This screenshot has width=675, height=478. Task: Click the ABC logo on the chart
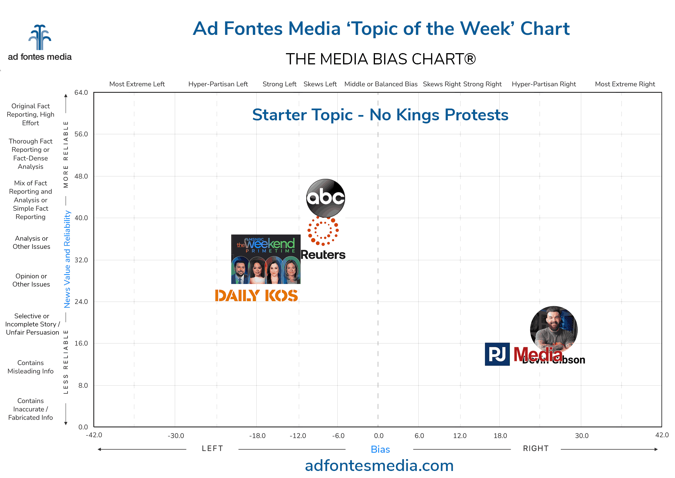click(325, 198)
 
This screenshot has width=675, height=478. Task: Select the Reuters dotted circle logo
click(323, 231)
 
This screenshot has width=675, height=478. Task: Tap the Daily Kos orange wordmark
click(256, 296)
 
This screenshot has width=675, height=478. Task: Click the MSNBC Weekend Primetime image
click(265, 259)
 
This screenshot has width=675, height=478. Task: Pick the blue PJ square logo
click(497, 354)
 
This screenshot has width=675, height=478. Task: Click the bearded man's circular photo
click(553, 329)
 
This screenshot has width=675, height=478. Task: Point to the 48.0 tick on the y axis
click(81, 176)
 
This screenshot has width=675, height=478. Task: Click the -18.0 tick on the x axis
click(257, 436)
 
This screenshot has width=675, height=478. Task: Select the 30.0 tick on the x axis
click(581, 436)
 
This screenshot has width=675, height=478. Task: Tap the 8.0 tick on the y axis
click(83, 385)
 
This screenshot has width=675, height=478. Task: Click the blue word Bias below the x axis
click(380, 449)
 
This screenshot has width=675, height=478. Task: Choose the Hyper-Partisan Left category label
click(218, 84)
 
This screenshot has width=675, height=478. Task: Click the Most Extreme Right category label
click(625, 84)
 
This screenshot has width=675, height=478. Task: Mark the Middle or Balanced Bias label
click(381, 84)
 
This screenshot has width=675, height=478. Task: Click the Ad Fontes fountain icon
click(40, 37)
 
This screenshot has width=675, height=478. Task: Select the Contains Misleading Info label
click(31, 367)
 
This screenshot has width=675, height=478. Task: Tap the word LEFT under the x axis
click(212, 448)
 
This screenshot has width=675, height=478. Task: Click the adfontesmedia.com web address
click(379, 466)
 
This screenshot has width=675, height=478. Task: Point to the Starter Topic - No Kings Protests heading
click(380, 115)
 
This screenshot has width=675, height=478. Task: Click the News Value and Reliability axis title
click(67, 259)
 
